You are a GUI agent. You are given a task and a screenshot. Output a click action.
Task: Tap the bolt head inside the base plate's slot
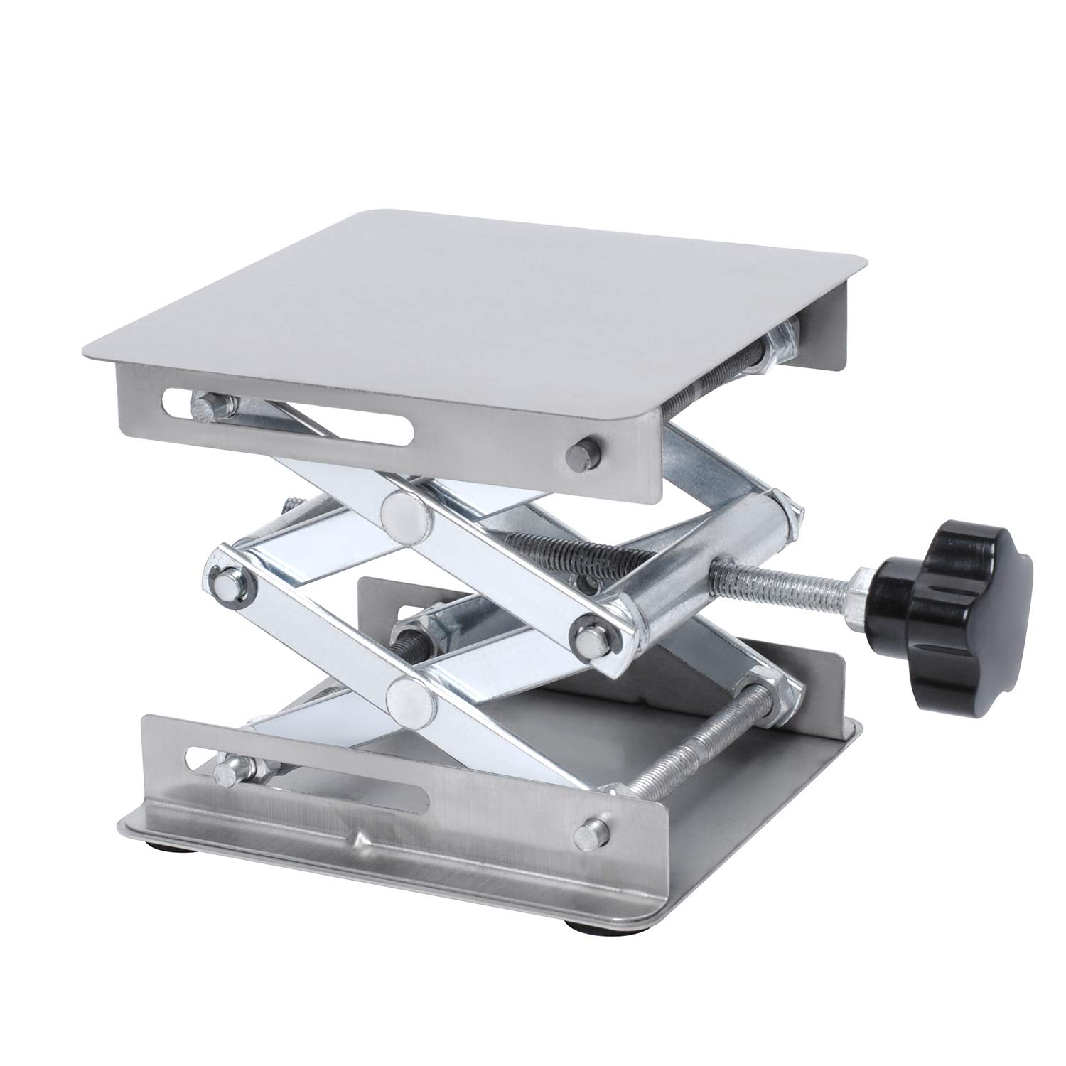(x=226, y=770)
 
